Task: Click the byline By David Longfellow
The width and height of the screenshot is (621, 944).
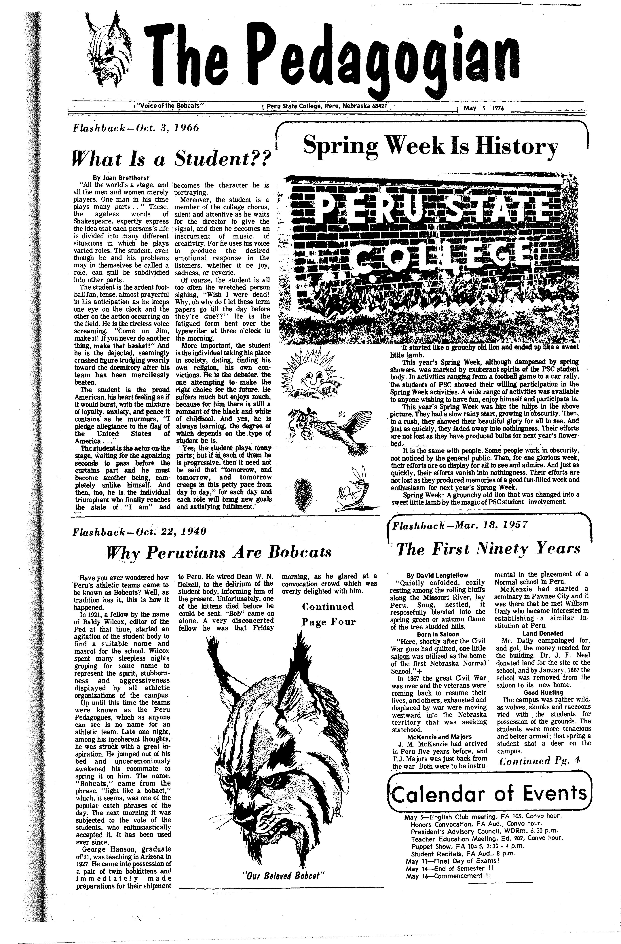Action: (437, 575)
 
